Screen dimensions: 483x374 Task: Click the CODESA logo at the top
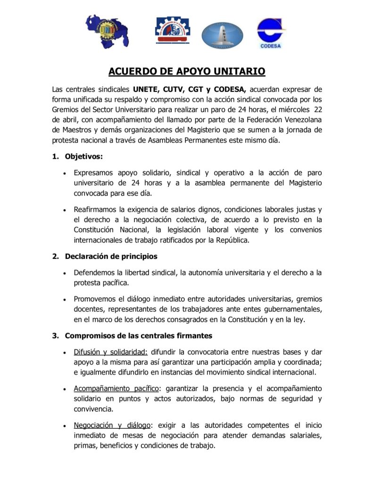point(272,33)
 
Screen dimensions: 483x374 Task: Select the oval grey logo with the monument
point(223,36)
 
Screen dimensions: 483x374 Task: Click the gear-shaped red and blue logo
point(173,30)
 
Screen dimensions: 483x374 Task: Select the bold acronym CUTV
point(178,89)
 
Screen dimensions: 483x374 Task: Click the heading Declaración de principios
point(111,256)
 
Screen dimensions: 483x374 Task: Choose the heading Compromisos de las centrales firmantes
point(138,335)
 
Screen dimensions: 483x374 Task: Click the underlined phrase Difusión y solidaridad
point(111,352)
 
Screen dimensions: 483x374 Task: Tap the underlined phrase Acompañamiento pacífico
point(116,388)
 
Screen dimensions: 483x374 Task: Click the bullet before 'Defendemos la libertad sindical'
point(64,273)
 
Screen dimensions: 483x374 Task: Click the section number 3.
point(55,335)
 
